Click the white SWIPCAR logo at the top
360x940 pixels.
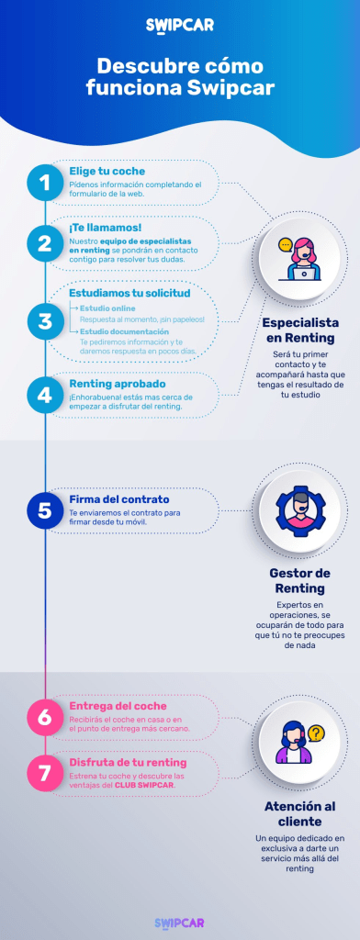pyautogui.click(x=180, y=25)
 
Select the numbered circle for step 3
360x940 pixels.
pyautogui.click(x=45, y=321)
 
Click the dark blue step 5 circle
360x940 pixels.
pyautogui.click(x=45, y=509)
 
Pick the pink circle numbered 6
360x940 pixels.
pyautogui.click(x=45, y=717)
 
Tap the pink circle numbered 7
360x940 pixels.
pyautogui.click(x=45, y=773)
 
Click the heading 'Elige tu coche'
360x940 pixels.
pyautogui.click(x=107, y=172)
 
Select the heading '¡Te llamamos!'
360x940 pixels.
pyautogui.click(x=105, y=228)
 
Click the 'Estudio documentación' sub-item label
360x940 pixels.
pyautogui.click(x=124, y=331)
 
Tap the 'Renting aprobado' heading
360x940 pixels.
pyautogui.click(x=118, y=383)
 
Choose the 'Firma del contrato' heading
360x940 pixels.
pyautogui.click(x=118, y=499)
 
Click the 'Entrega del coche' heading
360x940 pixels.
pyautogui.click(x=118, y=706)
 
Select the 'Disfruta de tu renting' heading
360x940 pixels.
pyautogui.click(x=128, y=763)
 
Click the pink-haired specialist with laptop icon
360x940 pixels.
pyautogui.click(x=299, y=260)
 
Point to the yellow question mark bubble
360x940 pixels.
pyautogui.click(x=316, y=733)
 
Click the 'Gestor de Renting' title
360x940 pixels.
pyautogui.click(x=299, y=580)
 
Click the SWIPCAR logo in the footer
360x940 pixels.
pyautogui.click(x=180, y=923)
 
